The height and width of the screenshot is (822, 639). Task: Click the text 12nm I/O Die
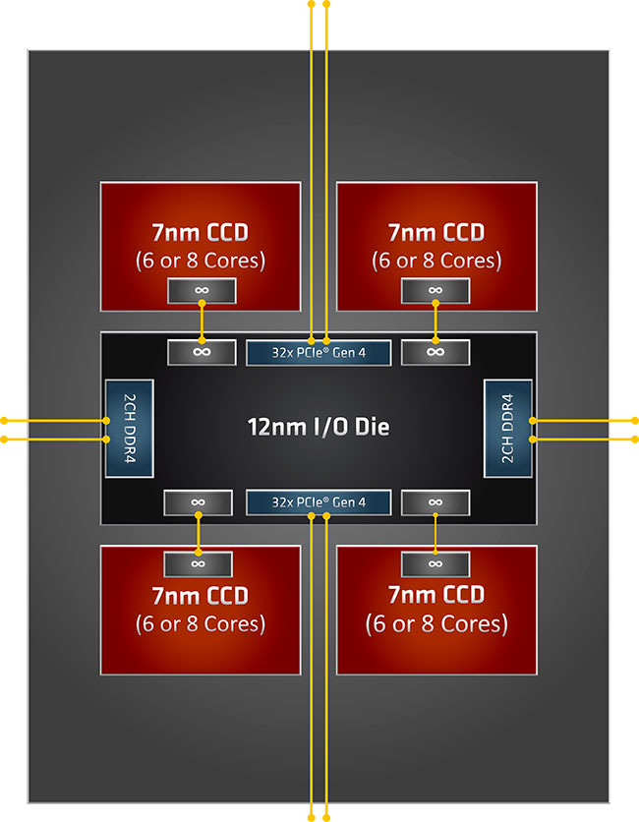(318, 428)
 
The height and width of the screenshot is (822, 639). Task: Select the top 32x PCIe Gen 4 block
(319, 352)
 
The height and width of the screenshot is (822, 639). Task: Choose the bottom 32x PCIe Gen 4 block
(319, 502)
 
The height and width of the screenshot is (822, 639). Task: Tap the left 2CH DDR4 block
(129, 429)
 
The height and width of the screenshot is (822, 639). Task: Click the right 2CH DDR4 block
(508, 429)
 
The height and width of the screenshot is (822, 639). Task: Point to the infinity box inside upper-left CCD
(202, 291)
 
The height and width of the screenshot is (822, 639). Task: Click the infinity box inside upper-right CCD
(436, 291)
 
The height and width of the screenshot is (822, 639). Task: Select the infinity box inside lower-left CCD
(198, 563)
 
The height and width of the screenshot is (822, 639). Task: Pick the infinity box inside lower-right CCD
(436, 563)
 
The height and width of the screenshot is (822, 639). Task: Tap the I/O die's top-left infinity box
(202, 352)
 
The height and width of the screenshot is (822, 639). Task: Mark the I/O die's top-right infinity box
(436, 352)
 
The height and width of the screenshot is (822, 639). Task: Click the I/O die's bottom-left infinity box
(198, 502)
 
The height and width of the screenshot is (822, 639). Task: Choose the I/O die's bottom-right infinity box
(436, 502)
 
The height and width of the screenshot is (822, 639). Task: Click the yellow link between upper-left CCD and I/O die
(202, 322)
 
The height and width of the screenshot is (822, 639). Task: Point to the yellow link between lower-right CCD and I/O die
(436, 533)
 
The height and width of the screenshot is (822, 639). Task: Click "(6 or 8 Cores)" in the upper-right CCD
(436, 262)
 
